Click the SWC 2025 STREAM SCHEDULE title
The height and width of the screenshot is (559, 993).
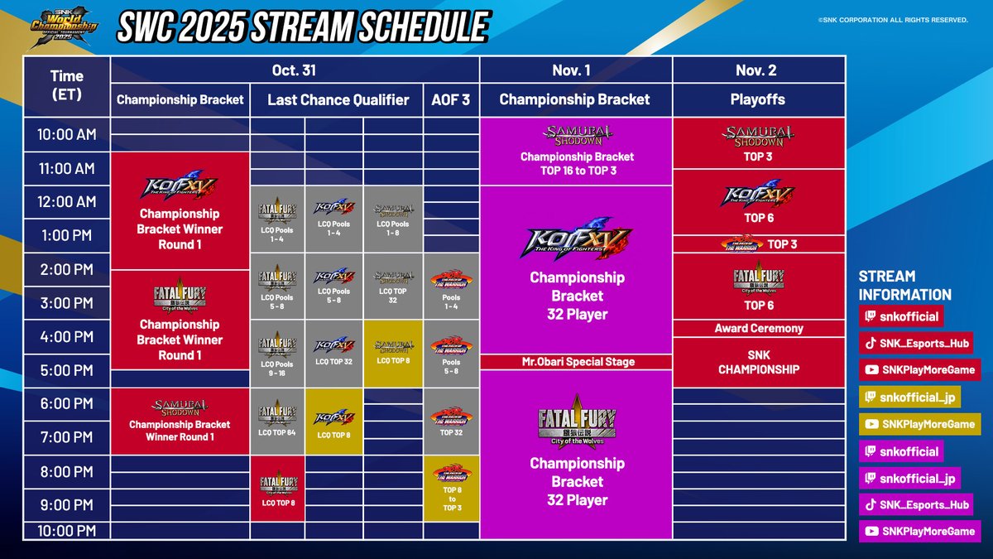[302, 27]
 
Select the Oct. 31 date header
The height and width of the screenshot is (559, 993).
[294, 70]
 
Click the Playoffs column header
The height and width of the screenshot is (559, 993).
[758, 99]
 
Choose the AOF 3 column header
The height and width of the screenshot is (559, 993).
[451, 99]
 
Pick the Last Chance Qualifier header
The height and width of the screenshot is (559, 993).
[338, 99]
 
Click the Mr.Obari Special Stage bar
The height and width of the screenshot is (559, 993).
[576, 362]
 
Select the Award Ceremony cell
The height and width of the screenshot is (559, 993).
[758, 329]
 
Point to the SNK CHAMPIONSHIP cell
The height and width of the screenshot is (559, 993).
[758, 363]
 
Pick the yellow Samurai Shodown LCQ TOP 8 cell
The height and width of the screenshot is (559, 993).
[392, 352]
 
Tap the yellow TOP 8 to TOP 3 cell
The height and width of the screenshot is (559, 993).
[451, 488]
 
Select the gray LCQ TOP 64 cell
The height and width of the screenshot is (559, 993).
[278, 420]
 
